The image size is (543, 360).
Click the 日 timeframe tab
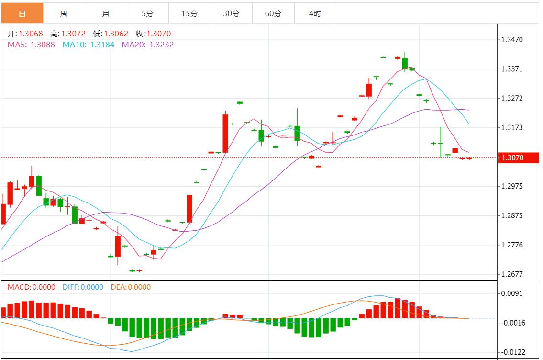[x=22, y=13]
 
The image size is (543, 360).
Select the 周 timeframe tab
[x=64, y=13]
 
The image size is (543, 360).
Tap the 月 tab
[x=106, y=13]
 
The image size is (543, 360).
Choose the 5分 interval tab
[x=148, y=13]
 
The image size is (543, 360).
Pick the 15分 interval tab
[x=189, y=13]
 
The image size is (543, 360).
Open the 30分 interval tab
[x=232, y=13]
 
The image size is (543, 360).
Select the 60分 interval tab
[x=273, y=13]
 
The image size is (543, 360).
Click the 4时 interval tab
[x=315, y=13]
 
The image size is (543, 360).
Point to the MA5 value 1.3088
[x=43, y=45]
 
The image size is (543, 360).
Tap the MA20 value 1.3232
[x=162, y=45]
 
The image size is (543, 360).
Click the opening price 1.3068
[x=31, y=34]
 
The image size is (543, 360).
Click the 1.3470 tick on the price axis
[x=512, y=40]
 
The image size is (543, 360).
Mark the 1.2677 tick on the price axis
[x=512, y=275]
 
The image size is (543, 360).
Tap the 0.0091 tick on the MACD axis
[x=512, y=293]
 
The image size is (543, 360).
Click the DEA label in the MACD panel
[x=118, y=287]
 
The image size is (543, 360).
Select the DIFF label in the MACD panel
[x=71, y=287]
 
